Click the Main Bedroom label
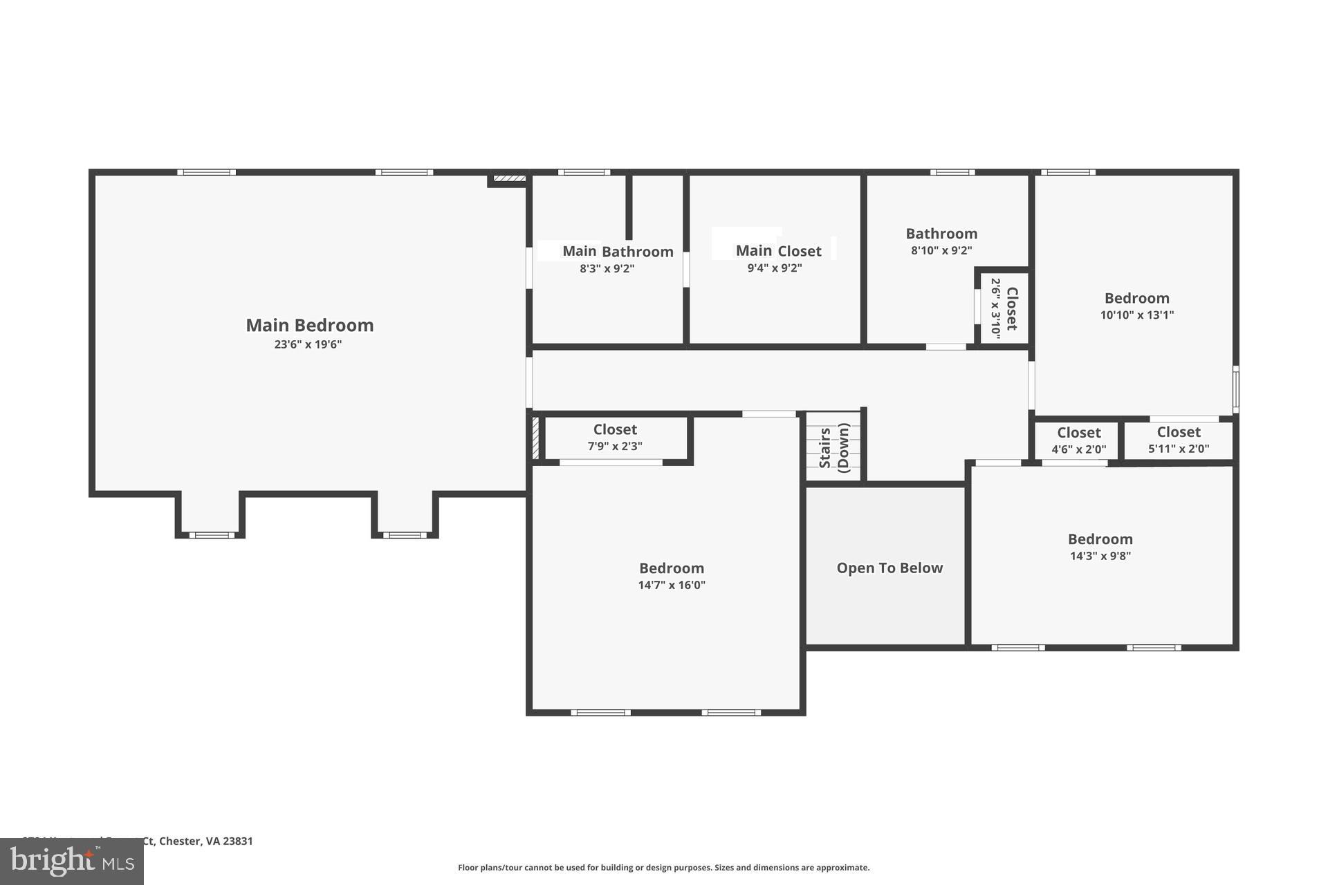point(309,325)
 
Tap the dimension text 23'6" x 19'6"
point(308,344)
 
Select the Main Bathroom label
point(618,252)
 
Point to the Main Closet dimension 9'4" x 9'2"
point(774,268)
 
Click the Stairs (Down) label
point(833,447)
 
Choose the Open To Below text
point(889,568)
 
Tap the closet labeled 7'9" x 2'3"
point(615,437)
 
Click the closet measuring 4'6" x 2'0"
point(1078,440)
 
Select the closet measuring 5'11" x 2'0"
point(1179,439)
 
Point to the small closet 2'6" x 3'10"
point(1004,308)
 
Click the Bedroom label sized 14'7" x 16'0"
point(671,568)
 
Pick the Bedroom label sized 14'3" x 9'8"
point(1100,539)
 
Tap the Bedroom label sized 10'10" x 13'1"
point(1136,299)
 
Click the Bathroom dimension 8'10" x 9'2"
point(941,251)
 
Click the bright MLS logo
point(72,861)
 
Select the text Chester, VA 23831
point(205,841)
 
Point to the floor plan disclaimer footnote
point(663,868)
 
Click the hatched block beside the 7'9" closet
point(535,438)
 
